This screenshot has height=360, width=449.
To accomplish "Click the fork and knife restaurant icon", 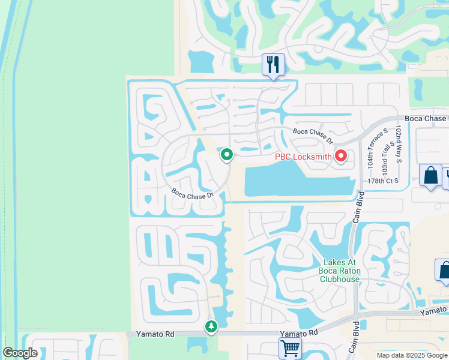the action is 273,64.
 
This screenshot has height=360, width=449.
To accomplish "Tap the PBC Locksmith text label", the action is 303,157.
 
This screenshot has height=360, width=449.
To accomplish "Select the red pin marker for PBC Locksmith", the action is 341,157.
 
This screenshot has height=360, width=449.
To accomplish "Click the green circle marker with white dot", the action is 227,155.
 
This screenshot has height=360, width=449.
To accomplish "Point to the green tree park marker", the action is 211,327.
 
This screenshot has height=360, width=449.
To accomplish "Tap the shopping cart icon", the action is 290,347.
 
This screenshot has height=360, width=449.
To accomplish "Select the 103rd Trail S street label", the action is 384,151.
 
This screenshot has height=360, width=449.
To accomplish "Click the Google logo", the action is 20,353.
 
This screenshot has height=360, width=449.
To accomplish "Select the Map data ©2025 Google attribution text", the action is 412,355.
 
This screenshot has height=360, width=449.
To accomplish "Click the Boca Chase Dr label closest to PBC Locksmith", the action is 313,136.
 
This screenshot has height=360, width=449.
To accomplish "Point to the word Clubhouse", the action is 340,279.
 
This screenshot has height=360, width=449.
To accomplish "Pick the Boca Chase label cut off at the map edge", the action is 426,119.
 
